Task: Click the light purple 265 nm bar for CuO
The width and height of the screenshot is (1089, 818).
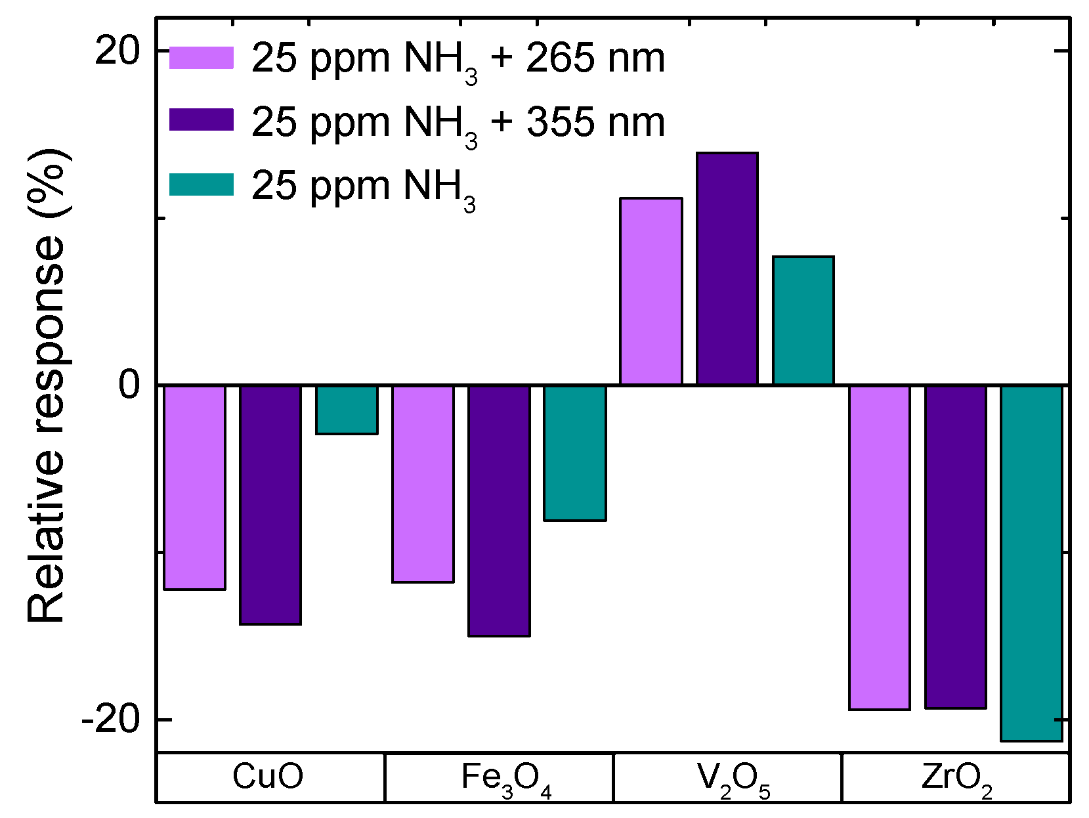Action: coord(194,487)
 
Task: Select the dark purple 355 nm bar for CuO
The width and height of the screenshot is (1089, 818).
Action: coord(270,504)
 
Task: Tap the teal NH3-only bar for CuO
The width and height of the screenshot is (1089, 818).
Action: coord(347,410)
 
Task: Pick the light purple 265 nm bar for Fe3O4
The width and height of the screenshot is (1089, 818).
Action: coord(423,484)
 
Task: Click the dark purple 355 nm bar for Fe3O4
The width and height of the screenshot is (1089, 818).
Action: coord(499,511)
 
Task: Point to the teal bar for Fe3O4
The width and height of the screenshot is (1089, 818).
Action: coord(575,453)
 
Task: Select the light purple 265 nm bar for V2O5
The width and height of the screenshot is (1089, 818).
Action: coord(651,291)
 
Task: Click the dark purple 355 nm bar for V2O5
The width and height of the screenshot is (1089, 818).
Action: coord(727,269)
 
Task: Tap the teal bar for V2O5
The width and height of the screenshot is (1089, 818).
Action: coord(803,320)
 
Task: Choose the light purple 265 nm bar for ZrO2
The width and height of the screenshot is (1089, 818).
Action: coord(880,548)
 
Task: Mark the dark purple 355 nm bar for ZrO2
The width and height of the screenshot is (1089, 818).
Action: coord(956,547)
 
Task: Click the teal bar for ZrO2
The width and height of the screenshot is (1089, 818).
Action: coord(1031,563)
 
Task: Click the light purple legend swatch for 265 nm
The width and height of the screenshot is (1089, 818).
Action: coord(202,58)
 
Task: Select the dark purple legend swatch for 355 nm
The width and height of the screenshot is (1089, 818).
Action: coord(202,120)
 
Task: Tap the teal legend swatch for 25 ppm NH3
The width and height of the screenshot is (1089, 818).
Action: coord(202,184)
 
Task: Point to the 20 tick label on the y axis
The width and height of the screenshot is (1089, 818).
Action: coord(118,51)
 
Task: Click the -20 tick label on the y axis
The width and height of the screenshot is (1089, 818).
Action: coord(111,720)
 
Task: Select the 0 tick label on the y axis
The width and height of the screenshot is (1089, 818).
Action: coord(130,385)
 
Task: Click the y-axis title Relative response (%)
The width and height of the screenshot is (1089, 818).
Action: coord(47,385)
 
